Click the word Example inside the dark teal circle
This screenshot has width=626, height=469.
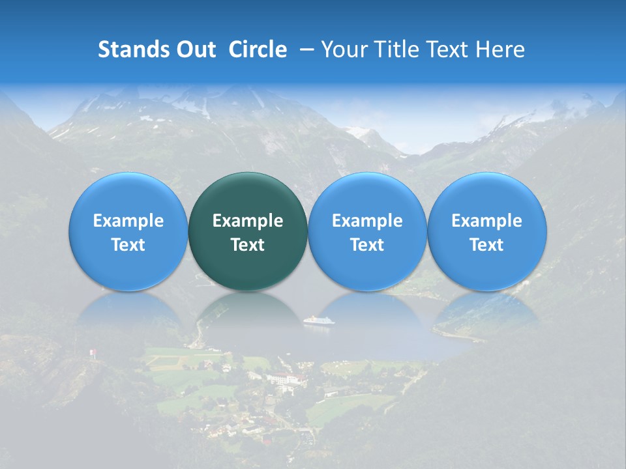tap(248, 221)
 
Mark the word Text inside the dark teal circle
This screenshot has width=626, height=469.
tap(248, 245)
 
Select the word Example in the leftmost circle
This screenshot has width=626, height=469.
tap(128, 221)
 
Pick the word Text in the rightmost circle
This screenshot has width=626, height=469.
tap(487, 245)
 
